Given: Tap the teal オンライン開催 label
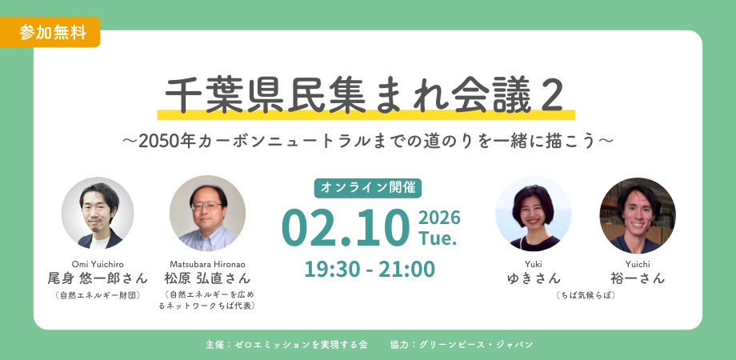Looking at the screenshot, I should (367, 187).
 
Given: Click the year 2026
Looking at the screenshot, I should (439, 218).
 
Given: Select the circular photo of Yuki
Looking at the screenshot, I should (534, 214).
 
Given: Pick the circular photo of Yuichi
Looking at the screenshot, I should (637, 214).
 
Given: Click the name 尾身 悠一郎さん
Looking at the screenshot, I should (98, 278).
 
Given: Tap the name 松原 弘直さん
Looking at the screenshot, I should (207, 278).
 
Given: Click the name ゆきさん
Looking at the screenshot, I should (534, 278).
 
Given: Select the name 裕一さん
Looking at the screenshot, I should (637, 278).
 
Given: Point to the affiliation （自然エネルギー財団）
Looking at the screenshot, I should (98, 295).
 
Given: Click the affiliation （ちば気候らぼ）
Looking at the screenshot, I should (586, 295).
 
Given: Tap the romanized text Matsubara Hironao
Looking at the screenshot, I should (207, 263).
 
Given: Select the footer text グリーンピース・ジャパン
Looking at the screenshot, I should (472, 345).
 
